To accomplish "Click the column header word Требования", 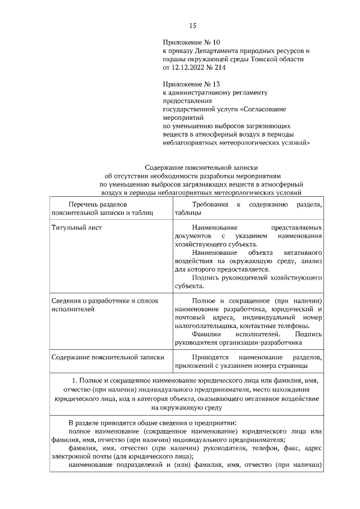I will click(210, 205).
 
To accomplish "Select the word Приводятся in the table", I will click(210, 357).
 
